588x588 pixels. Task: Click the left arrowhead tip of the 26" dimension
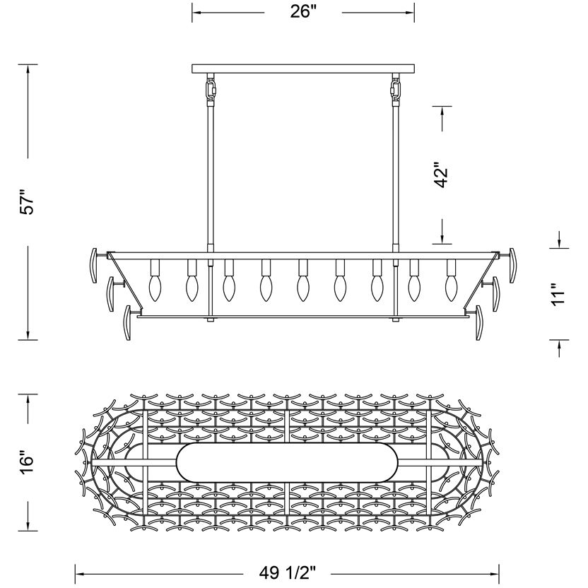tap(192, 13)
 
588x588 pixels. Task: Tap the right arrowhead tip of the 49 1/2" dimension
tap(499, 574)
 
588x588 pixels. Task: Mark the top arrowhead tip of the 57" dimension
tap(28, 64)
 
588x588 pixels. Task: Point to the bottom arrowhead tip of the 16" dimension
tap(28, 531)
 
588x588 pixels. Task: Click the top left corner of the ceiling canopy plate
tap(192, 64)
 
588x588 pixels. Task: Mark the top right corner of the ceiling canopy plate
tap(414, 64)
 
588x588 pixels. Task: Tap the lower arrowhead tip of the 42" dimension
tap(442, 243)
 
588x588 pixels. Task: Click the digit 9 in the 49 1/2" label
tap(274, 572)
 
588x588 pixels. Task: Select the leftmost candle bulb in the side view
tap(155, 288)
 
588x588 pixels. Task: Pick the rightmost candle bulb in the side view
tap(452, 288)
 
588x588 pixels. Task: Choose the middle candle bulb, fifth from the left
tap(303, 288)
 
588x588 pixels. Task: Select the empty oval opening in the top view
tap(287, 462)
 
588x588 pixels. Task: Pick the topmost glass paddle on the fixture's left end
tap(94, 266)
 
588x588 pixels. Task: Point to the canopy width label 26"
tap(303, 11)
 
